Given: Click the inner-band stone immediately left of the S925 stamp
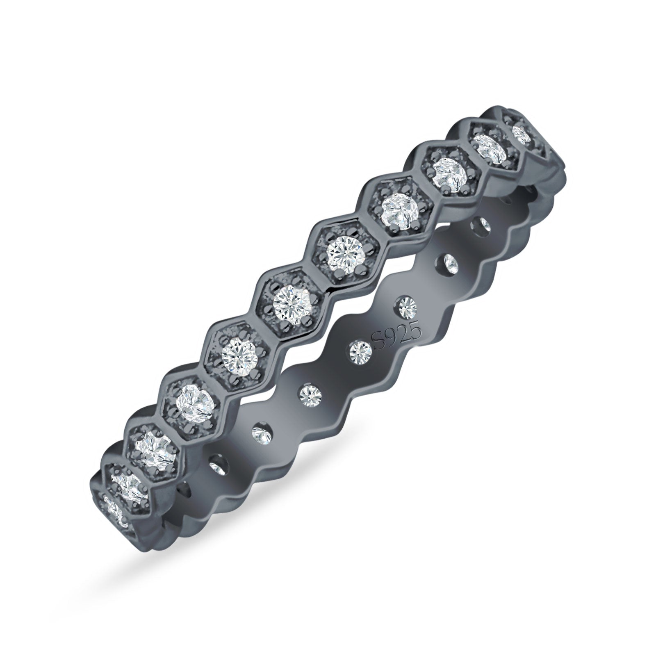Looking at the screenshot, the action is click(360, 349).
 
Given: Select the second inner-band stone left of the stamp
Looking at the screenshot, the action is click(311, 394).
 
